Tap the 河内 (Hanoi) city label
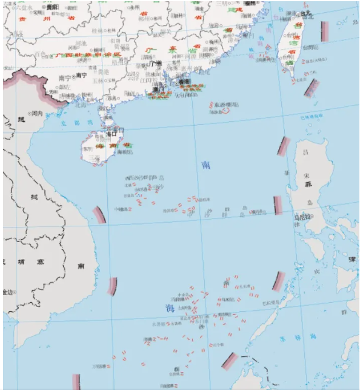coord(37,113)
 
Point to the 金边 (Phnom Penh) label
coord(7,292)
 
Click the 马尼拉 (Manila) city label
coord(302,217)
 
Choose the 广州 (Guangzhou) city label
coord(156,63)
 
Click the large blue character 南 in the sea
coord(207,165)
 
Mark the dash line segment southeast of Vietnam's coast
coord(113,286)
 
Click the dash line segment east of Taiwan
coord(325,31)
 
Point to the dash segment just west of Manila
coord(278,205)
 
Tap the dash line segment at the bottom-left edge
coord(76,382)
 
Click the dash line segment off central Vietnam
coord(98,215)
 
